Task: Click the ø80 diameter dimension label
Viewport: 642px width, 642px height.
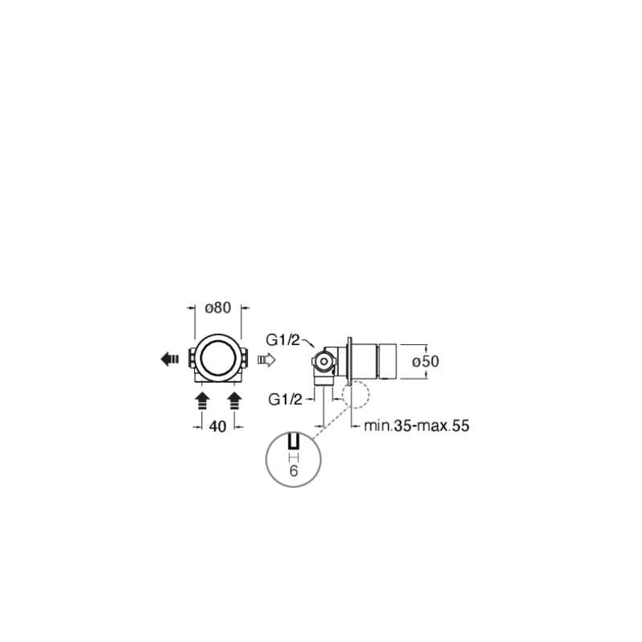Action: coord(218,307)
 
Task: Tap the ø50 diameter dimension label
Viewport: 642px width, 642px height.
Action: coord(425,361)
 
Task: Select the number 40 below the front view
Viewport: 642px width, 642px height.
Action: coord(217,426)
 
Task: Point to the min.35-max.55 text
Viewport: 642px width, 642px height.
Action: coord(416,426)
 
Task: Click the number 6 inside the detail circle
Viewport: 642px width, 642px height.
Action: coord(293,472)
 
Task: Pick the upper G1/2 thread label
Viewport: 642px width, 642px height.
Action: coord(283,340)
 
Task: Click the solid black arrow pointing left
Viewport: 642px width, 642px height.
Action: coord(169,360)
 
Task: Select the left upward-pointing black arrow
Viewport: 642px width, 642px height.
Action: coord(201,399)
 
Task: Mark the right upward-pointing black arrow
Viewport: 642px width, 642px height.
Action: coord(234,399)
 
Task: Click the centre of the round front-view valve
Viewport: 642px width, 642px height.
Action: coord(217,359)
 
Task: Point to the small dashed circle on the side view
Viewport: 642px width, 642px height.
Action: coord(354,394)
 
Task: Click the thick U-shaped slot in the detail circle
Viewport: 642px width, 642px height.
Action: coord(293,442)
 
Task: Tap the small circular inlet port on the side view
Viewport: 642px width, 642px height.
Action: coord(323,363)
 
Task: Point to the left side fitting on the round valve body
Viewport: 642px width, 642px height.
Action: coord(190,359)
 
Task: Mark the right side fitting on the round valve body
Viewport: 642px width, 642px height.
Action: coord(245,359)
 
